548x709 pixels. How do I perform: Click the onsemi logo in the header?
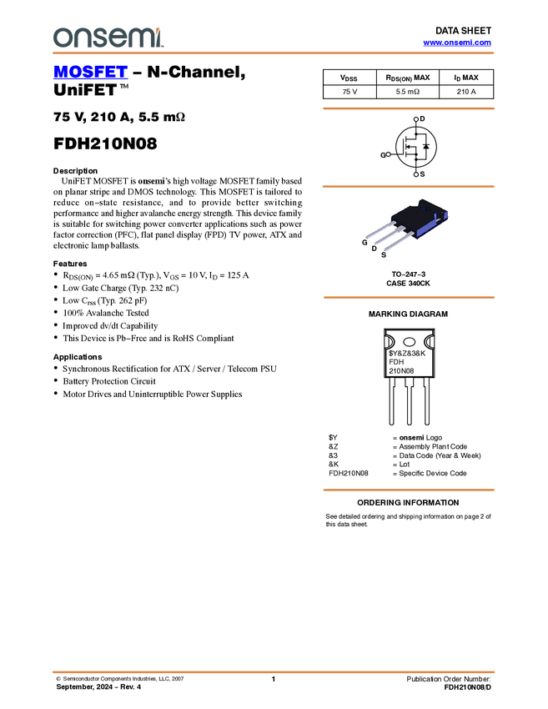(x=108, y=38)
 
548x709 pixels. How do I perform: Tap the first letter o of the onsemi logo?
(x=60, y=38)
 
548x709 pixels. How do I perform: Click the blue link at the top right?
(x=457, y=43)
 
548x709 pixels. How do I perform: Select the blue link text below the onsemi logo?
(x=90, y=73)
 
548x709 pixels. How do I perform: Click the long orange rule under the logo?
(x=273, y=53)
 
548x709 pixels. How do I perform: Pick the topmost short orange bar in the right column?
(x=408, y=108)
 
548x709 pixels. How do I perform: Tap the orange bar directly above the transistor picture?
(x=408, y=186)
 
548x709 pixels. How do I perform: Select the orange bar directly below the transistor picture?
(x=408, y=297)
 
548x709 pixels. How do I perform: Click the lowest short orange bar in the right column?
(x=408, y=490)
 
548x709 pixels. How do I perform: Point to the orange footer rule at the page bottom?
(x=273, y=671)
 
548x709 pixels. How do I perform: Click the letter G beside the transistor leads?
(x=364, y=242)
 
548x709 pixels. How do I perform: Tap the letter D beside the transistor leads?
(x=374, y=249)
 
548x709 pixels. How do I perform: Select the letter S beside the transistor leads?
(x=383, y=254)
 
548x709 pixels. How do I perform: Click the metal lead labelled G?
(x=380, y=231)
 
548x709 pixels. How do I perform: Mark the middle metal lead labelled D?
(x=390, y=237)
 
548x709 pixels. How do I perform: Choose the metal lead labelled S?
(x=400, y=242)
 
